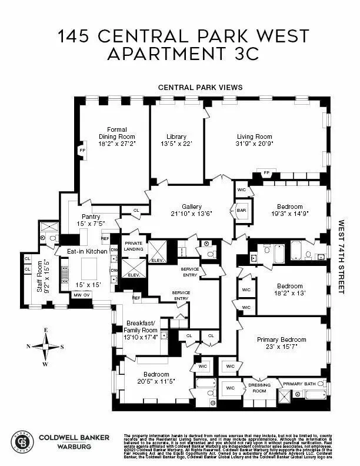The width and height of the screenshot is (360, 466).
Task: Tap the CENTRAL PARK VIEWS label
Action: click(x=200, y=87)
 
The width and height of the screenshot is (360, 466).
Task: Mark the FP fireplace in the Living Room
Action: click(x=266, y=172)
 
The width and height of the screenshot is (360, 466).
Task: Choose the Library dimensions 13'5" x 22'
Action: click(x=176, y=143)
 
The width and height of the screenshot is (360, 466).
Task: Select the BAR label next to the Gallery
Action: click(x=241, y=210)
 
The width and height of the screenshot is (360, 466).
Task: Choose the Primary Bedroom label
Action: click(x=281, y=339)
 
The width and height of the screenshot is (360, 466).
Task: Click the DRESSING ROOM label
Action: click(x=259, y=387)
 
